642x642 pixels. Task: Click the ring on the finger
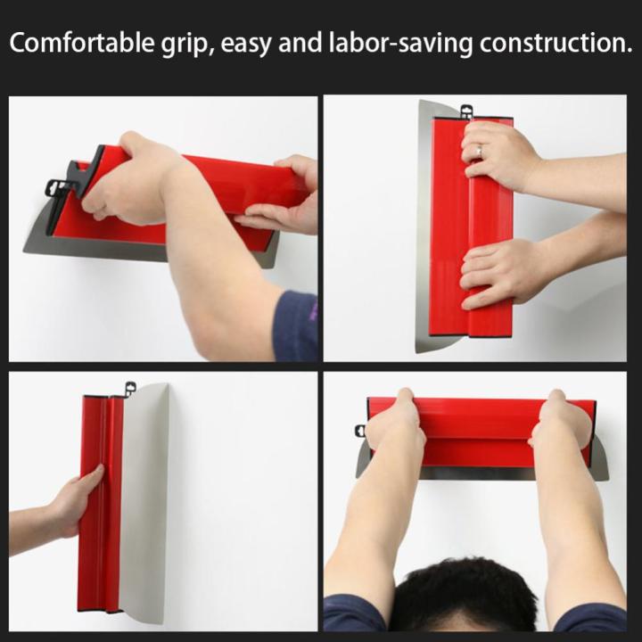tap(479, 152)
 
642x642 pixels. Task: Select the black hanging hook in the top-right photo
tap(465, 111)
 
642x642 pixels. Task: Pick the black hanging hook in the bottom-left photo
tap(129, 390)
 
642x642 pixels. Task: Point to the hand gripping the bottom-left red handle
tap(75, 500)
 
